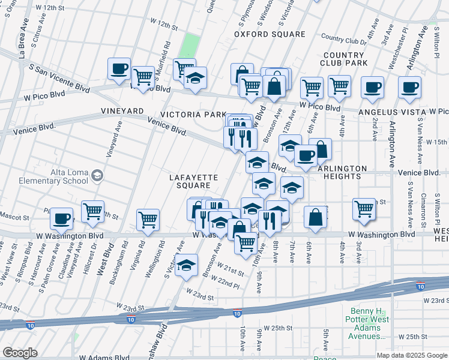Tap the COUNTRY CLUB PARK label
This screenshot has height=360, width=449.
(x=347, y=59)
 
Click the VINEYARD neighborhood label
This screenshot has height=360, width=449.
(x=122, y=112)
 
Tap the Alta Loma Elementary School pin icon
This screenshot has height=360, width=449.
(x=97, y=176)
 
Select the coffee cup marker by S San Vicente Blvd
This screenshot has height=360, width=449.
(x=119, y=68)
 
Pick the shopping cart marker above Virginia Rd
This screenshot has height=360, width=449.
(x=148, y=219)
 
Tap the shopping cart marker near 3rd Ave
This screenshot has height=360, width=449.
(x=364, y=208)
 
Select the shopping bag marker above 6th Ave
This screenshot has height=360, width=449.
(x=315, y=217)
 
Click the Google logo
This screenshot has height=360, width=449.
(x=20, y=352)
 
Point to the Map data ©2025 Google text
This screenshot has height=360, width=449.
(x=412, y=355)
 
